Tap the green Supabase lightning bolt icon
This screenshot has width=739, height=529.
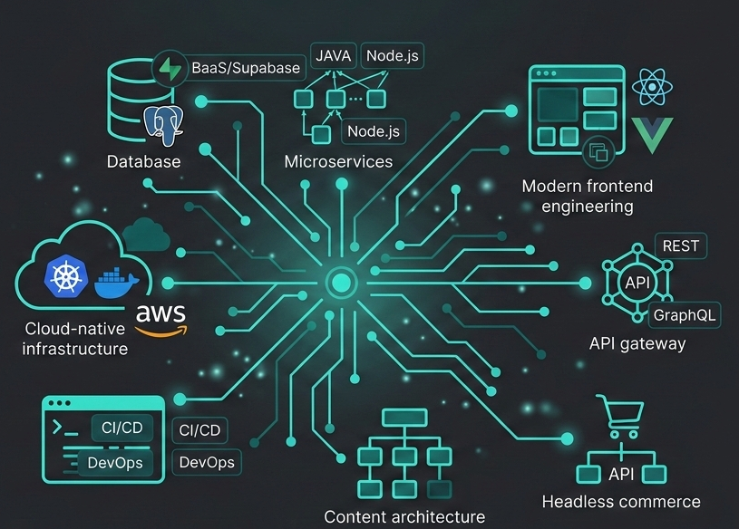[170, 69]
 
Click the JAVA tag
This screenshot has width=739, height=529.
[333, 55]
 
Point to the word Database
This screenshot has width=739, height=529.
[143, 162]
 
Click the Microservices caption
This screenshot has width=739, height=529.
[338, 162]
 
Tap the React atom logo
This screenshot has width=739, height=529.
[650, 87]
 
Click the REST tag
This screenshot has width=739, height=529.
[680, 245]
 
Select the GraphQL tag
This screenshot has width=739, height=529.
[686, 314]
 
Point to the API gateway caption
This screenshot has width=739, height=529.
[637, 343]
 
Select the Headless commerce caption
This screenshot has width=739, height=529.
[621, 502]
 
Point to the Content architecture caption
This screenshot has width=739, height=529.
[404, 516]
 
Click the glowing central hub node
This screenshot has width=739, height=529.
[341, 284]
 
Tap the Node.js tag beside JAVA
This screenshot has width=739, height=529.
[392, 55]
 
